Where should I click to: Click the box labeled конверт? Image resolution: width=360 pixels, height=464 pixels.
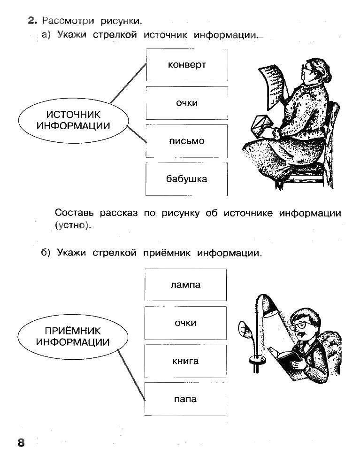tap(187, 65)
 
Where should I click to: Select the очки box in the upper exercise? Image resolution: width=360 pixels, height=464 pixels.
tap(187, 103)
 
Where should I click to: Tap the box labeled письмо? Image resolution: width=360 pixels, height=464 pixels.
tap(187, 141)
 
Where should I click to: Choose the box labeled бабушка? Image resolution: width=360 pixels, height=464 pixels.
tap(187, 179)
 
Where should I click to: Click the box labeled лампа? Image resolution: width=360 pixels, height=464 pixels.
tap(186, 285)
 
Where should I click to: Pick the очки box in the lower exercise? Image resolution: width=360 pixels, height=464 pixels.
tap(186, 323)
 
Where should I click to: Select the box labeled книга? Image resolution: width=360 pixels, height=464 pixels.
tap(186, 361)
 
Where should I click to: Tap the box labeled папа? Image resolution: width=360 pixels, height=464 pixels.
tap(186, 399)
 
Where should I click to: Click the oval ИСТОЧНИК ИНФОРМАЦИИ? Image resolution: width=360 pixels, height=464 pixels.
tap(73, 120)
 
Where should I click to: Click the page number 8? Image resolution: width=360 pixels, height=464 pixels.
tap(21, 443)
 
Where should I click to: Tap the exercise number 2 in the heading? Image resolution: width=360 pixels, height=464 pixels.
tap(32, 20)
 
